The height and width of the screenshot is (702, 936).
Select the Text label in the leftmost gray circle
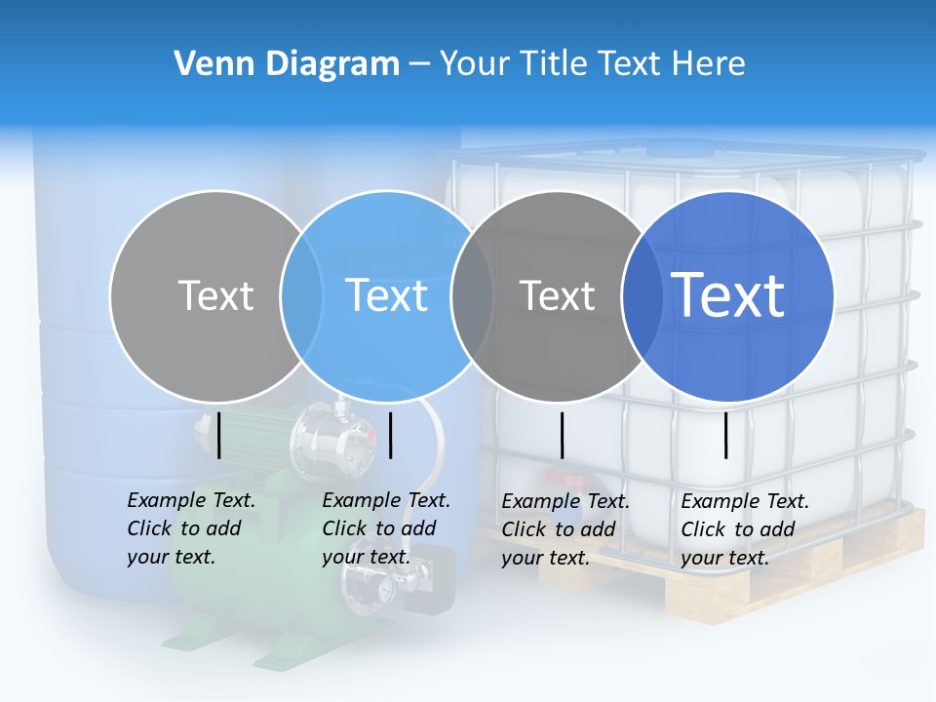click(215, 295)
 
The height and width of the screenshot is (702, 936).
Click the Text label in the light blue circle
click(386, 295)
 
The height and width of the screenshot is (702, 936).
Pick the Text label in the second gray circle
click(557, 295)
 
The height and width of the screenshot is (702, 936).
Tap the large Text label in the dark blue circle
click(728, 294)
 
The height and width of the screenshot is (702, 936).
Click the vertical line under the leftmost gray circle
click(219, 435)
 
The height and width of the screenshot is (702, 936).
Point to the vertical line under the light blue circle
click(390, 435)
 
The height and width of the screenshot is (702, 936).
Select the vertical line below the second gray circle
click(562, 435)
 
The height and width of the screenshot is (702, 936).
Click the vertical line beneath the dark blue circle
click(725, 435)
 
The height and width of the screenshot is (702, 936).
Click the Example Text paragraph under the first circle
click(190, 528)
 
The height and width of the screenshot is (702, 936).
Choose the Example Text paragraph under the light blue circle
click(385, 528)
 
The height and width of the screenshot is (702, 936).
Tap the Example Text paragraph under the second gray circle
click(565, 529)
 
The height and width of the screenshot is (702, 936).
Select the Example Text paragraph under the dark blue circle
click(744, 529)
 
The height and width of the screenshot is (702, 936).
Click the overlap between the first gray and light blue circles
click(301, 295)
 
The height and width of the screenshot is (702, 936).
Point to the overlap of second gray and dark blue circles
click(643, 295)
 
